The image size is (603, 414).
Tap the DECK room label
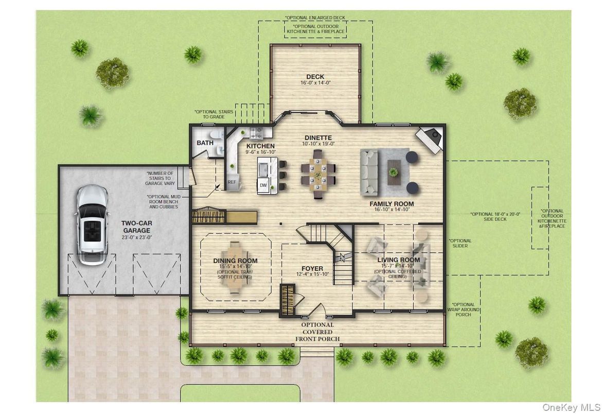[x=316, y=77]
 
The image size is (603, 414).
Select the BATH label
[x=205, y=143]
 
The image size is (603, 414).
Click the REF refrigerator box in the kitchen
[x=232, y=182]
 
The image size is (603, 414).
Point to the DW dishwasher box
[x=263, y=185]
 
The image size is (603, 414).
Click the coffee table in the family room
[x=395, y=170]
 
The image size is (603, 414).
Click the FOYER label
[x=312, y=269]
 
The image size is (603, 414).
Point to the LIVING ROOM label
[x=398, y=260]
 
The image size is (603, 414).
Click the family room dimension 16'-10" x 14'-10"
[x=392, y=210]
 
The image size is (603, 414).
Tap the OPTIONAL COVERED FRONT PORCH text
[x=317, y=332]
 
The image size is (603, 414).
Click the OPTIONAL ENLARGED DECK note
[x=315, y=17]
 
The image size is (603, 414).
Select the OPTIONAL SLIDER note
[x=460, y=243]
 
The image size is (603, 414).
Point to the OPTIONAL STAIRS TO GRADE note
[x=213, y=114]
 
